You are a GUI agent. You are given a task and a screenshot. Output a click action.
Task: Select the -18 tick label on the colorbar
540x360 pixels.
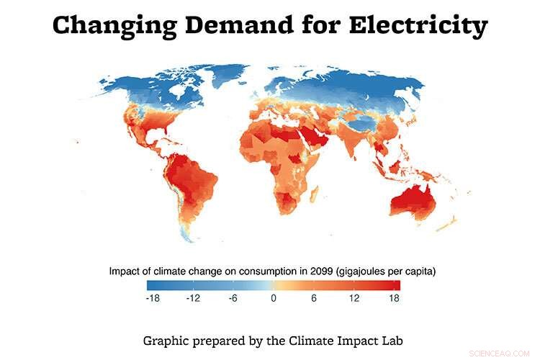(153, 297)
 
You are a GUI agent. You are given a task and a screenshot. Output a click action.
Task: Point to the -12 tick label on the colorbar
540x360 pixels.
(192, 297)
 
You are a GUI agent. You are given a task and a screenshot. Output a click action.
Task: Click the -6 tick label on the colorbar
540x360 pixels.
(233, 297)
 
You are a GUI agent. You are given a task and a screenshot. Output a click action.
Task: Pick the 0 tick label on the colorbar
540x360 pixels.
(274, 297)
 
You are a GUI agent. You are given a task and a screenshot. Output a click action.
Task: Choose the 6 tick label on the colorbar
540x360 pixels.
(313, 297)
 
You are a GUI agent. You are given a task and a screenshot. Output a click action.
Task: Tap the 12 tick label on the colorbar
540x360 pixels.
(354, 297)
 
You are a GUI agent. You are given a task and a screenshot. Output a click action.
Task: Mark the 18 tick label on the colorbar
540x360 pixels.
(393, 297)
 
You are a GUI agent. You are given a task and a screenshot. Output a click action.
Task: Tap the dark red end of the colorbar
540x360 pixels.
(396, 284)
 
